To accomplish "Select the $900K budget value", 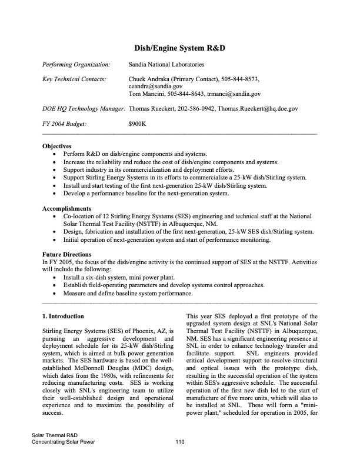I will [137, 124].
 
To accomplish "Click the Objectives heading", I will [57, 145].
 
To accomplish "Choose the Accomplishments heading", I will [66, 209].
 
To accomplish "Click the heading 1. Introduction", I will [67, 317].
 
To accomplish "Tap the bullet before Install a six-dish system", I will [55, 276].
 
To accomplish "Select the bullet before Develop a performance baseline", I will [55, 194].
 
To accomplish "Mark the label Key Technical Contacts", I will [74, 78].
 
